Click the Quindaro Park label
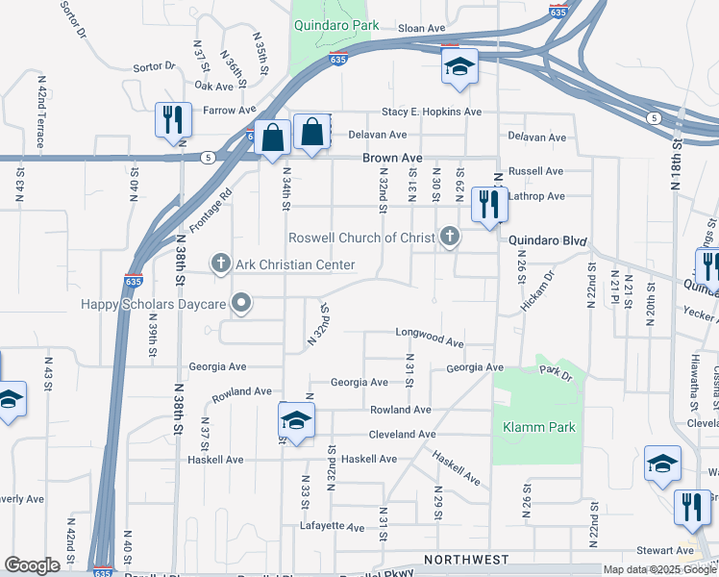coord(336,26)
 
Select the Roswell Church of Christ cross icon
coord(450,237)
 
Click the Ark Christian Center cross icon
coord(220,263)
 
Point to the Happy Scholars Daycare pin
coord(241,304)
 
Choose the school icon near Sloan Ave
coord(459,67)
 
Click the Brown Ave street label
coord(392,158)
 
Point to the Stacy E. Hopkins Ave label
coord(431,112)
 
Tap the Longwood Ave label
coord(430,339)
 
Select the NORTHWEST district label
coord(466,559)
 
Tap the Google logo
coord(32,565)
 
